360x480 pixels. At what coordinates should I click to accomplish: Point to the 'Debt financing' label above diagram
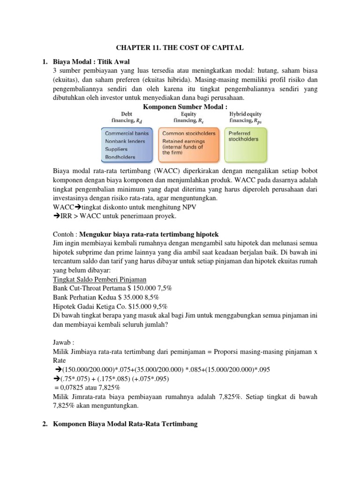(127, 117)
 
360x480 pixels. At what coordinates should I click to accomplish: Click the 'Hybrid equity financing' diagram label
(245, 117)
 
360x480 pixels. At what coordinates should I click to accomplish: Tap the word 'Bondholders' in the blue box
(120, 157)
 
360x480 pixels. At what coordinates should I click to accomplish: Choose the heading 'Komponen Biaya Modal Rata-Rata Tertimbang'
(126, 424)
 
